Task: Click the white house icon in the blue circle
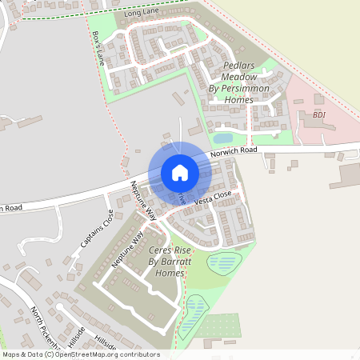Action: click(x=180, y=173)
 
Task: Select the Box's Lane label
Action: click(x=98, y=48)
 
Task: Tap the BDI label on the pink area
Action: click(x=319, y=115)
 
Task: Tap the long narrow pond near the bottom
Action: click(x=192, y=314)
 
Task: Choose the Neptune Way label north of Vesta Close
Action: click(x=143, y=200)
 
